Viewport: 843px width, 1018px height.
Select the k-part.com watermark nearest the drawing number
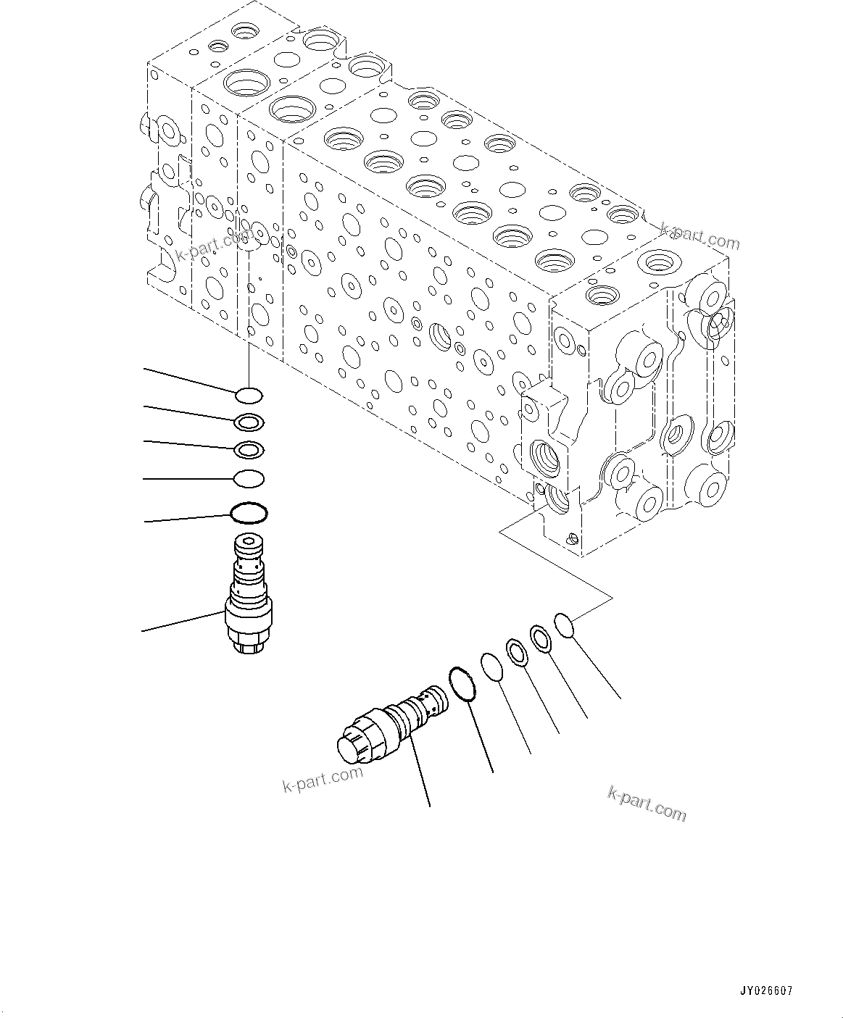click(647, 804)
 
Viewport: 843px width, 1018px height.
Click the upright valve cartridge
click(248, 594)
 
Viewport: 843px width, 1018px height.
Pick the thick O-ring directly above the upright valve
click(248, 514)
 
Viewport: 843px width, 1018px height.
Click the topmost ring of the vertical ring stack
click(249, 396)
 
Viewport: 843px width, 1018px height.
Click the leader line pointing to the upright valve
click(181, 622)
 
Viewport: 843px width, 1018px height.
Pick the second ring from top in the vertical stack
click(249, 422)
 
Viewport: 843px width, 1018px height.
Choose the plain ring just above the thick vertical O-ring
click(249, 478)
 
